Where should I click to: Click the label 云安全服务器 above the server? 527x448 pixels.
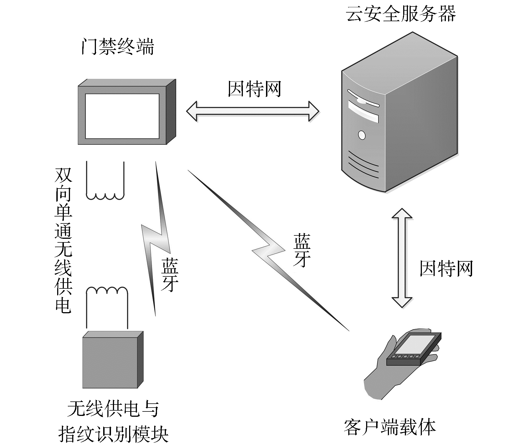click(401, 14)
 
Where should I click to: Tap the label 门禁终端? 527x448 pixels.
click(118, 47)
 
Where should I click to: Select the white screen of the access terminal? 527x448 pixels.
click(122, 116)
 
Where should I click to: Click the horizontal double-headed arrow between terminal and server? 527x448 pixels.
click(253, 111)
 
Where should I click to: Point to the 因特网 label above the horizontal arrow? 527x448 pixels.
click(254, 89)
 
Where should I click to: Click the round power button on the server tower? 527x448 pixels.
click(362, 135)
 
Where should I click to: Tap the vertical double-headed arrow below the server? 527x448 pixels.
click(402, 258)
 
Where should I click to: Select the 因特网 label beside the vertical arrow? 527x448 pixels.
click(446, 269)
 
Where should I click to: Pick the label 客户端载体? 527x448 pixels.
click(390, 427)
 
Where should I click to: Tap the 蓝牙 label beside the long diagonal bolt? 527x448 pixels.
click(302, 250)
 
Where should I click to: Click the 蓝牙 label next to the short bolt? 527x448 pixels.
click(169, 275)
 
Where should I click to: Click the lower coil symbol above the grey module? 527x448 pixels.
click(107, 307)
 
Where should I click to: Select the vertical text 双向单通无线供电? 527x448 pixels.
click(63, 240)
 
